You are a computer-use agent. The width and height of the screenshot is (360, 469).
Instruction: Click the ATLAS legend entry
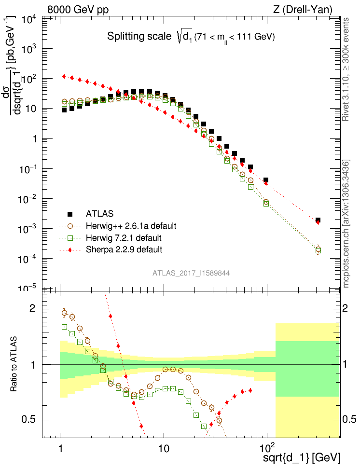pos(100,213)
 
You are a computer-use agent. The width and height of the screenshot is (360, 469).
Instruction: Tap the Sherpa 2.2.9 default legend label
pos(124,249)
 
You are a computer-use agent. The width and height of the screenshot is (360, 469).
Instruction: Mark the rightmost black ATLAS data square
pos(318,221)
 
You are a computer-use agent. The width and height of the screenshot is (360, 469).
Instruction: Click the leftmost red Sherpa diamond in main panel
pos(64,76)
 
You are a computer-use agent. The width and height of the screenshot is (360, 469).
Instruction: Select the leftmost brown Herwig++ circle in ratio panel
pos(64,313)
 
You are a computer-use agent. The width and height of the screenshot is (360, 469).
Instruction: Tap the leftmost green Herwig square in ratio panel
pos(64,327)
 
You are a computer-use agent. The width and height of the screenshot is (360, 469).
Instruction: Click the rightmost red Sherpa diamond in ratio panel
pos(250,390)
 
